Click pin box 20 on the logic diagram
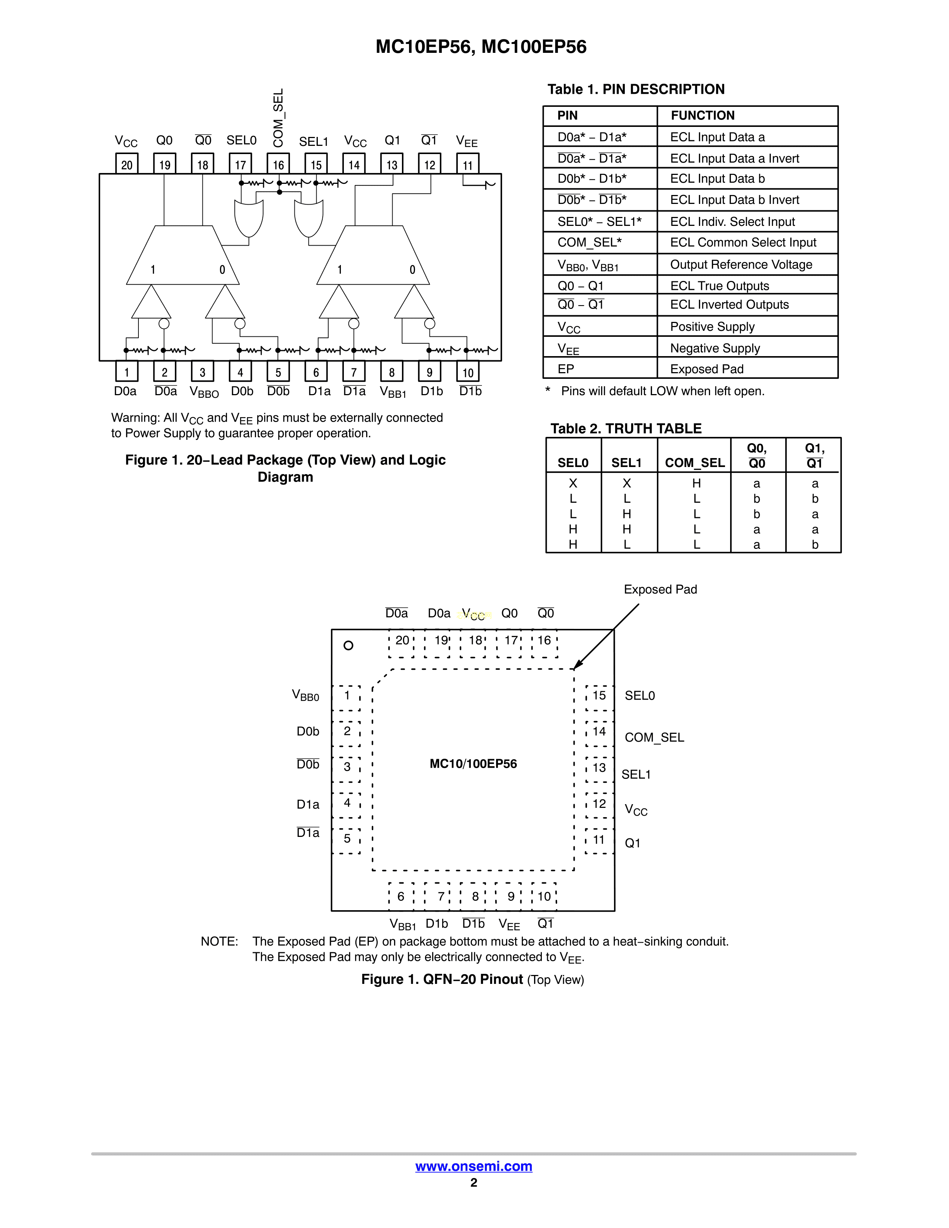127,164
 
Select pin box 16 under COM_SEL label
278,164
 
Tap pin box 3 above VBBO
202,372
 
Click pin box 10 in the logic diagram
468,372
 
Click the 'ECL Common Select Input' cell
743,242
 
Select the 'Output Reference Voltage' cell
741,264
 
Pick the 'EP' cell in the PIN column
566,369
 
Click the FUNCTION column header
702,115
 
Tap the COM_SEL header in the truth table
695,463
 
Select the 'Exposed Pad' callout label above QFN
660,589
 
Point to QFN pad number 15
599,695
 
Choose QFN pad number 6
401,896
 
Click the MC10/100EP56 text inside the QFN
473,764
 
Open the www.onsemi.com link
473,1166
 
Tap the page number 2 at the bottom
474,1183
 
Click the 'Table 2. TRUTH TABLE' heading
626,428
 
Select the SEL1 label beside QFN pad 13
636,775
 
